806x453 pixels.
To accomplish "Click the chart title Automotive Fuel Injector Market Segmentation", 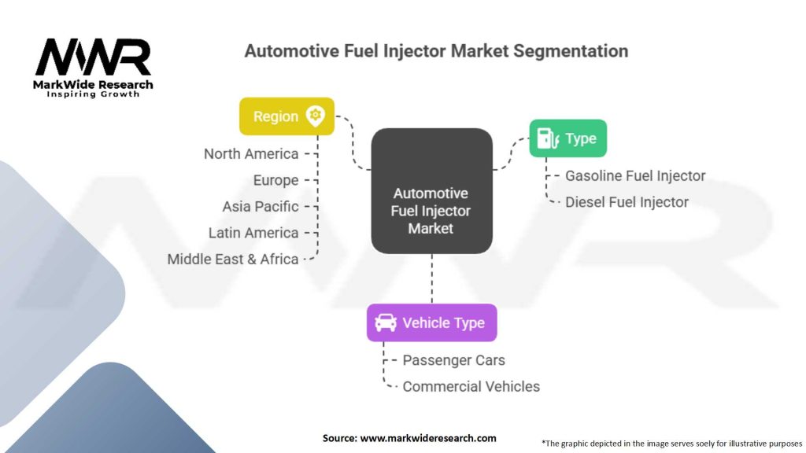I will point(436,51).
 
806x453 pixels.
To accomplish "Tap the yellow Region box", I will point(287,116).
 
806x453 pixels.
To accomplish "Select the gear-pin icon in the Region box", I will point(316,116).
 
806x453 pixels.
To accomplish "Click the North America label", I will point(251,154).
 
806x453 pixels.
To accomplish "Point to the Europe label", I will point(275,180).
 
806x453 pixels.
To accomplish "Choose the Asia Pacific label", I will point(261,207).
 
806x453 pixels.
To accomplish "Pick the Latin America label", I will point(253,233).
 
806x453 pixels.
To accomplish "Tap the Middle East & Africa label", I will point(233,259).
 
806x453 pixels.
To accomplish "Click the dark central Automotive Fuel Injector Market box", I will point(431,191).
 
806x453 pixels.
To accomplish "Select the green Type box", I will point(568,138).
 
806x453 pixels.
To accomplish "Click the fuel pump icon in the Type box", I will point(545,138).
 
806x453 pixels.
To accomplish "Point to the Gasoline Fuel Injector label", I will point(635,176).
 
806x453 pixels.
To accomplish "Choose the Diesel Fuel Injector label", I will point(627,202).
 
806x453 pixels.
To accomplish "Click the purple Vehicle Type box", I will point(431,322).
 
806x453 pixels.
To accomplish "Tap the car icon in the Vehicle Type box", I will point(386,322).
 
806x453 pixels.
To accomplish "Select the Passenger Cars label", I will point(453,360).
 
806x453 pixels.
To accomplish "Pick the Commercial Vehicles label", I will point(471,386).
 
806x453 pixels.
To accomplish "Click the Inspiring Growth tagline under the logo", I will point(93,94).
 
